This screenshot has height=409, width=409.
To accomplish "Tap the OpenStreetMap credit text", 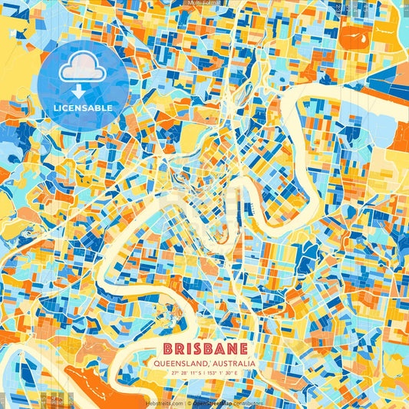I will (213, 402).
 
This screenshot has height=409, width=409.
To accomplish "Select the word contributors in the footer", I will (249, 402).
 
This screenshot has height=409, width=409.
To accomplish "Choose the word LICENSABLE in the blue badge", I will (83, 108).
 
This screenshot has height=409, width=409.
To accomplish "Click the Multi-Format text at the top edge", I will (204, 3).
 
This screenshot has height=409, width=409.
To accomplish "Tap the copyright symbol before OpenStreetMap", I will (190, 402).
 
